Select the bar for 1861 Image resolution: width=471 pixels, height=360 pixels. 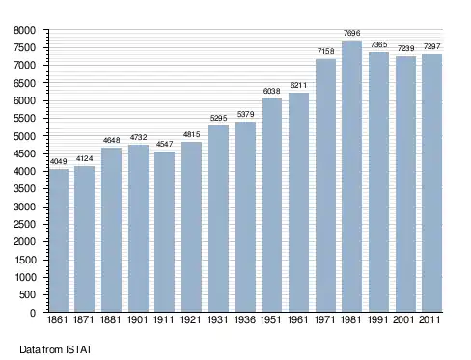59,240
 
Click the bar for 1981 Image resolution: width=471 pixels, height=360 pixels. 351,177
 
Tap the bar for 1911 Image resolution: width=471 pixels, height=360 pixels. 164,232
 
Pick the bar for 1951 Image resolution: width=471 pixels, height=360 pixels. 271,206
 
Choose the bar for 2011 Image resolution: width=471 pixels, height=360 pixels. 431,183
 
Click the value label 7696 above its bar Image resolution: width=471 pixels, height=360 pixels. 351,33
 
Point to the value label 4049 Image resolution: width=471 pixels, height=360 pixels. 59,161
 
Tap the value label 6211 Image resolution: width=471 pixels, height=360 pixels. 298,85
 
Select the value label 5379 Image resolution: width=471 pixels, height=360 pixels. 246,114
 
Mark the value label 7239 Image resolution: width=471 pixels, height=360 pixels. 405,48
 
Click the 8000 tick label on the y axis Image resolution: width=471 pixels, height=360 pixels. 24,31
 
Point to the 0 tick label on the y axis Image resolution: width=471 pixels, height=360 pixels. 33,313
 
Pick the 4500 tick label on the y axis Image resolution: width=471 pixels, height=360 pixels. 24,153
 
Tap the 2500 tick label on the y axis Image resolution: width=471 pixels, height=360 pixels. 24,224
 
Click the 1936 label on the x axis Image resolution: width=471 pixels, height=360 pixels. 245,320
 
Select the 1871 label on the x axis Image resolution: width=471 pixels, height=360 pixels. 84,320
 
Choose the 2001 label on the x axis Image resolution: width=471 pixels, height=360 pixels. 403,320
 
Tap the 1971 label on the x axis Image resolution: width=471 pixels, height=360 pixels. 324,320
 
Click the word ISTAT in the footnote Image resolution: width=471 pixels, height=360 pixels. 79,349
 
